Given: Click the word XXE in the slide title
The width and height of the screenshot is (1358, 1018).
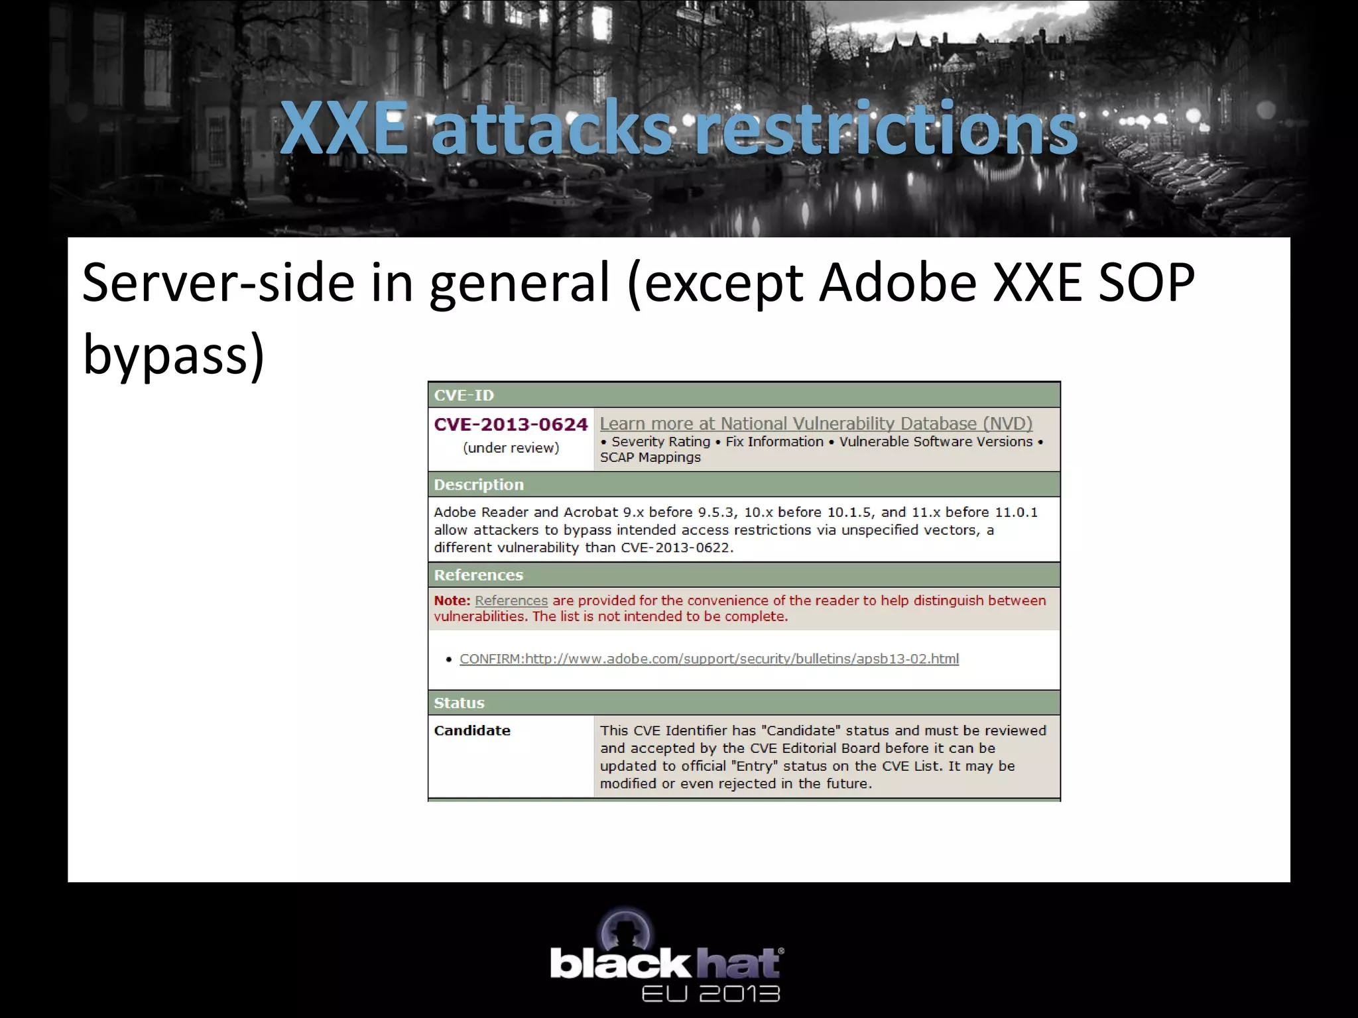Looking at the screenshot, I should tap(343, 129).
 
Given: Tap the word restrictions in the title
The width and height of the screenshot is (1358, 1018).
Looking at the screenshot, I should tap(886, 129).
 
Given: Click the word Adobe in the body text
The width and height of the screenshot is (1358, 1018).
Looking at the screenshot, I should tap(898, 283).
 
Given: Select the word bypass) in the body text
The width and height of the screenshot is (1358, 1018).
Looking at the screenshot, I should tap(174, 354).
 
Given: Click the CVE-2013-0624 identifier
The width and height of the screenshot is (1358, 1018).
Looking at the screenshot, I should tap(511, 424).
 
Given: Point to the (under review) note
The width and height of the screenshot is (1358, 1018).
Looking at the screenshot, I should tap(511, 448).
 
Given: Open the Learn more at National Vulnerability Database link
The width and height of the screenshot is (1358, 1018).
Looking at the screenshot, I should tap(816, 424).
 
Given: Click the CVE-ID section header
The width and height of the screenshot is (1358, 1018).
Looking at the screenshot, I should tap(464, 396).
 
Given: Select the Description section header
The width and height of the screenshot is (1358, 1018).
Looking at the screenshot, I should tap(479, 484).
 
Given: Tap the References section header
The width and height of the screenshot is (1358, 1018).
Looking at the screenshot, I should tap(479, 575).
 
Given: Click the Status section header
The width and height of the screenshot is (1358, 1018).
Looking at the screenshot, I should tap(459, 703).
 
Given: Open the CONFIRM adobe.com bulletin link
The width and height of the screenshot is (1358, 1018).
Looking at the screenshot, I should tap(709, 659).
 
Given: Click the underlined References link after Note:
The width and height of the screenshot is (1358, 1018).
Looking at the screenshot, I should tap(511, 600).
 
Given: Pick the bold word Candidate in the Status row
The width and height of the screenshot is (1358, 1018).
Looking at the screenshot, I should tap(472, 730).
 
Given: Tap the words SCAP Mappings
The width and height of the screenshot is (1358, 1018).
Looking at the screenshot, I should tap(650, 457).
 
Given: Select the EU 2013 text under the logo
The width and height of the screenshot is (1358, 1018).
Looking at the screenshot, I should tap(710, 993).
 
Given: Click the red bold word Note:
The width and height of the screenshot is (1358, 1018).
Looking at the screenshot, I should tap(452, 600).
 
